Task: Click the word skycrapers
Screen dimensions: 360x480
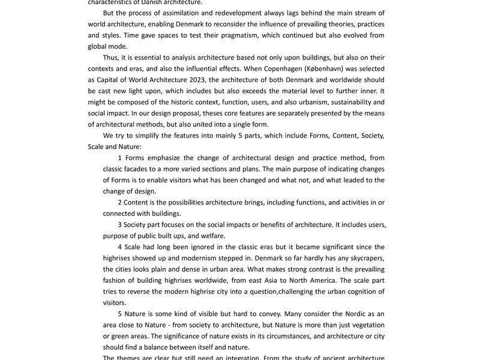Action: pyautogui.click(x=365, y=258)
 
